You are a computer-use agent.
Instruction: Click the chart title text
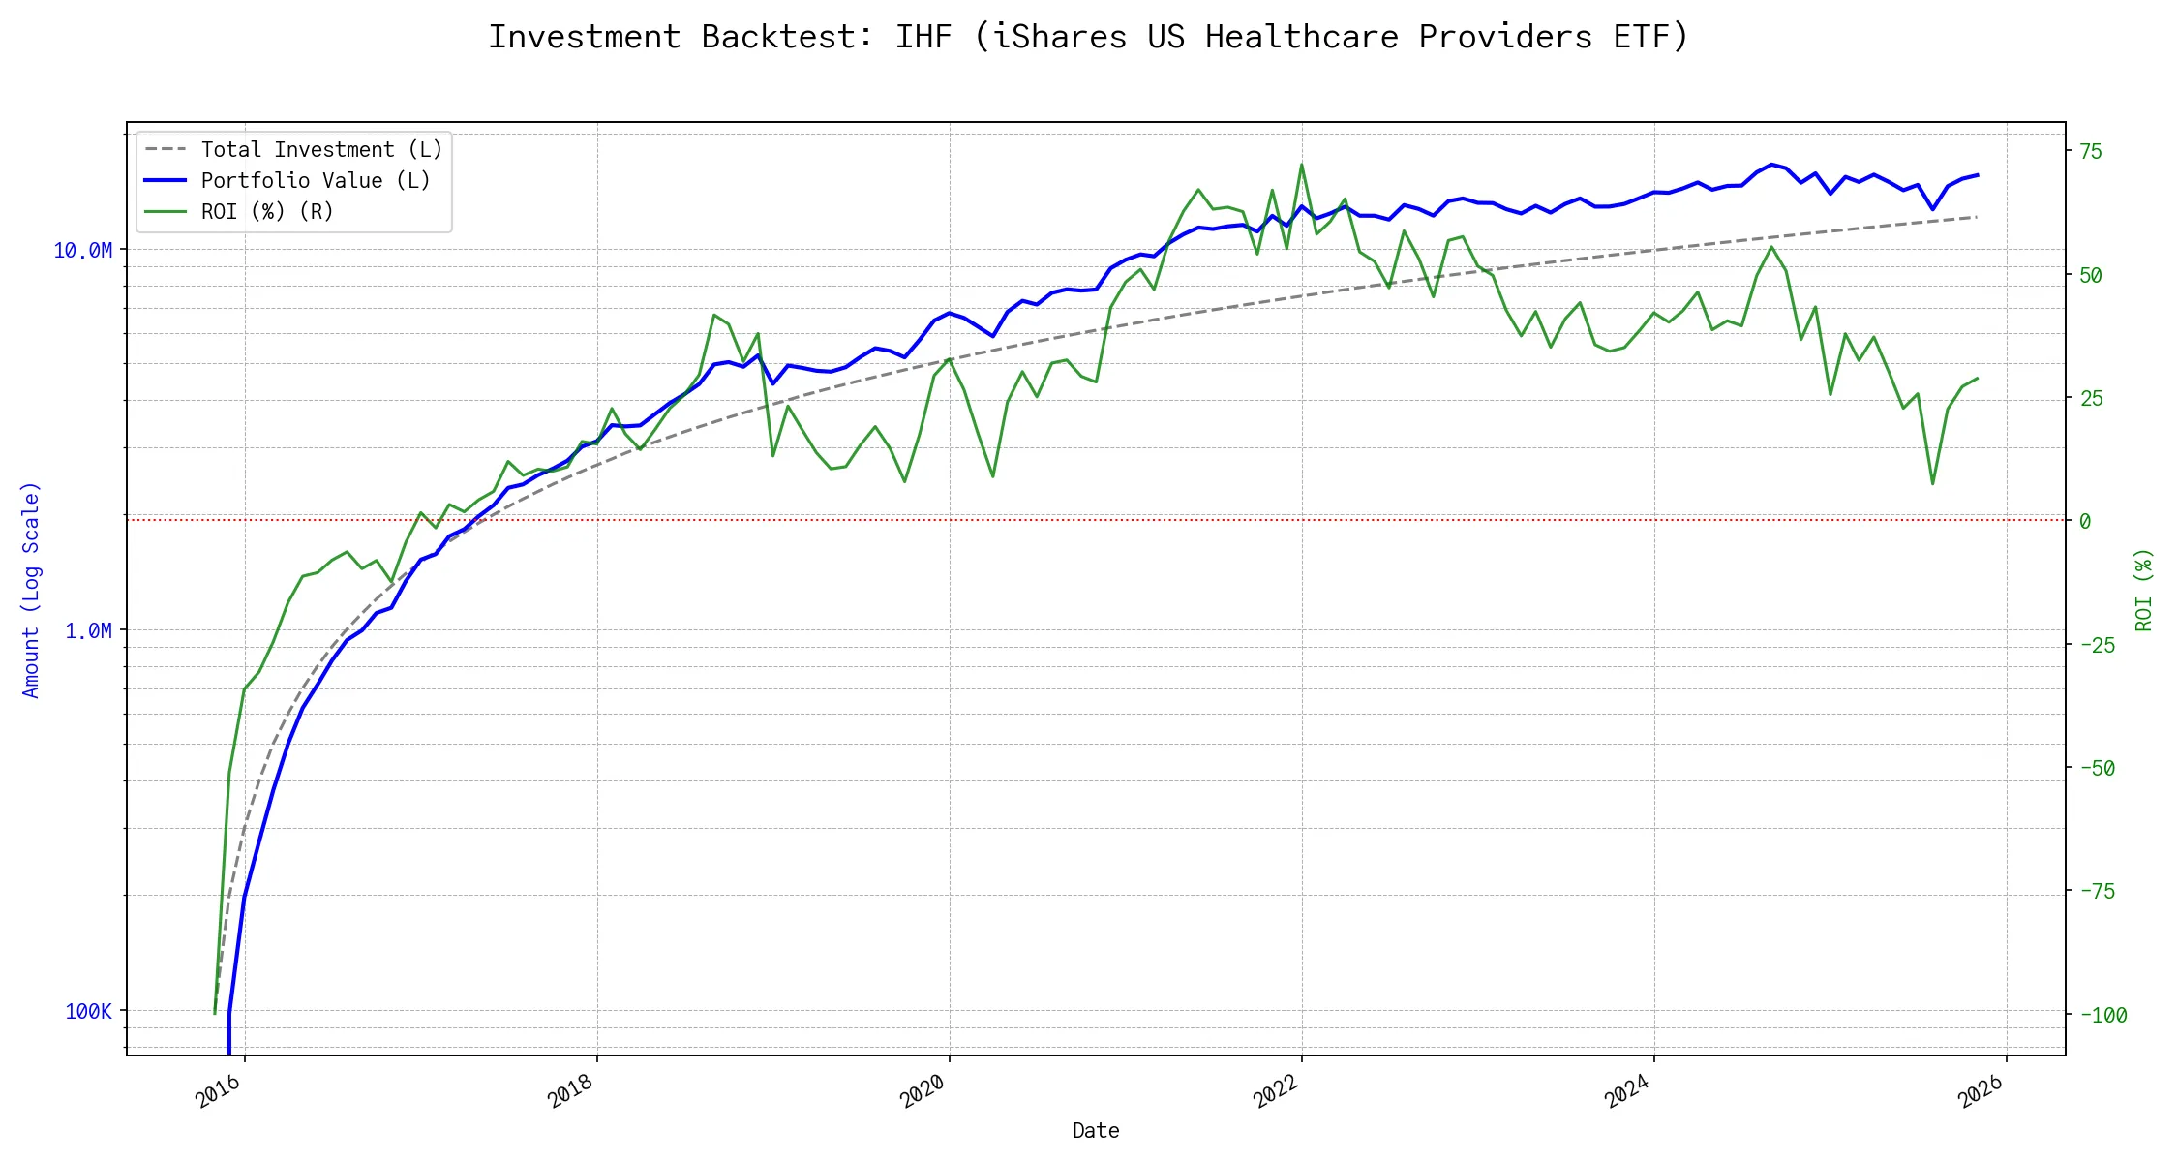(1088, 37)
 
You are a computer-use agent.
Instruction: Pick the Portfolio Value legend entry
(315, 181)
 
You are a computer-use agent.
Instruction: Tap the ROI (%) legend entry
(266, 212)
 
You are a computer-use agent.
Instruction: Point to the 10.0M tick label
(82, 251)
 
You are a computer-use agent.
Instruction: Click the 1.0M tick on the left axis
(88, 631)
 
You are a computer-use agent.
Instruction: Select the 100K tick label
(88, 1012)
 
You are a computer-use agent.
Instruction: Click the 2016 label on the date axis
(219, 1093)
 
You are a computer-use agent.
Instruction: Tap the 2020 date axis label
(923, 1093)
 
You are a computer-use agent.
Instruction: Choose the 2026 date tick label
(1981, 1093)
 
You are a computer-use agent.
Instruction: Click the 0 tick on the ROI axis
(2085, 522)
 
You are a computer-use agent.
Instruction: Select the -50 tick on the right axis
(2097, 769)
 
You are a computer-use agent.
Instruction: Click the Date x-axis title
(1096, 1131)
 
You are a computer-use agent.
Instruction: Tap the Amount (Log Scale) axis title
(31, 590)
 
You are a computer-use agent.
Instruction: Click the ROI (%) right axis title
(2144, 590)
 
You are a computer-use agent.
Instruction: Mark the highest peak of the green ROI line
(1302, 165)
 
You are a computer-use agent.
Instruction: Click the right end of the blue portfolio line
(1977, 175)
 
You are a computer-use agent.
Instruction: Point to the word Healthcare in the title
(1301, 37)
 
